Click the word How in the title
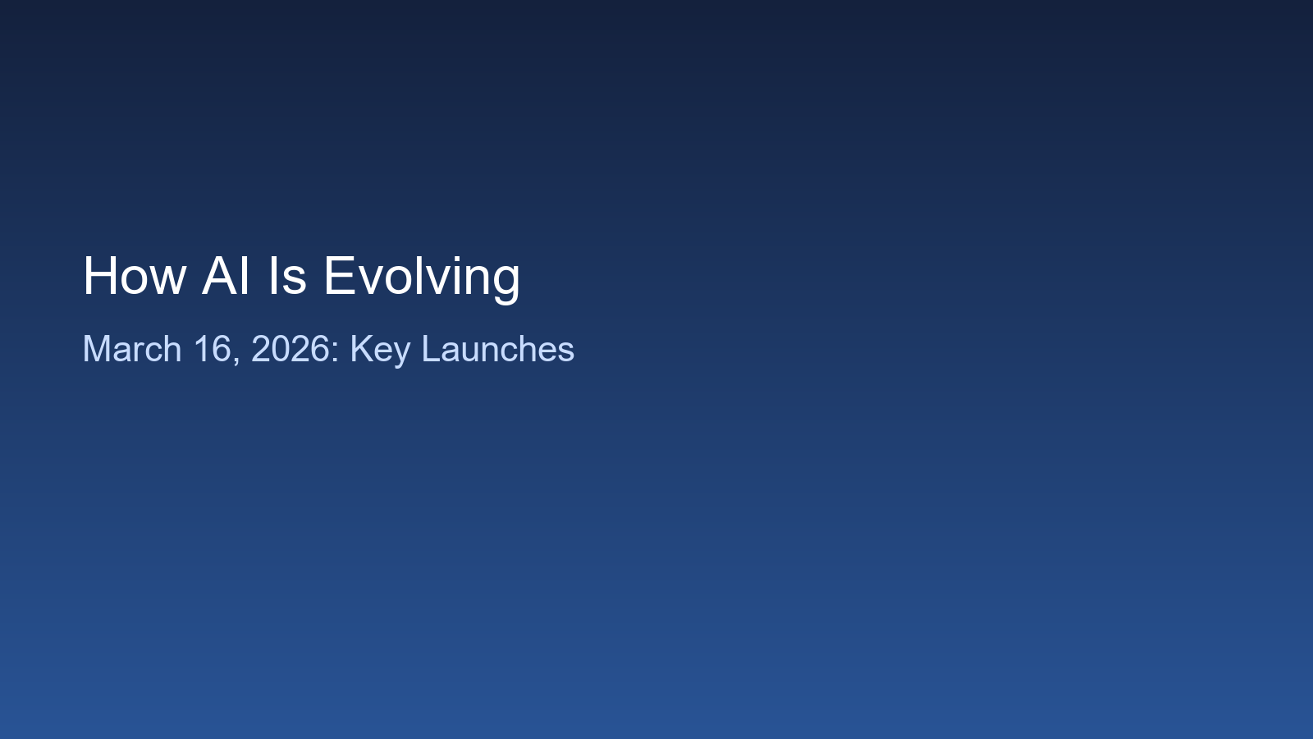pos(135,276)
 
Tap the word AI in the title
pos(226,276)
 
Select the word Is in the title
pos(287,276)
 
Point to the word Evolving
pos(422,279)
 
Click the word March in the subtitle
pos(132,349)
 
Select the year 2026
pos(291,349)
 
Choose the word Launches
pos(498,349)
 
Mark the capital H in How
pos(99,276)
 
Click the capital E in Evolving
pos(340,276)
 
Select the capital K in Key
pos(362,349)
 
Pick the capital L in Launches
pos(431,349)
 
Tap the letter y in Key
pos(401,356)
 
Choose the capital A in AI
pos(220,276)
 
